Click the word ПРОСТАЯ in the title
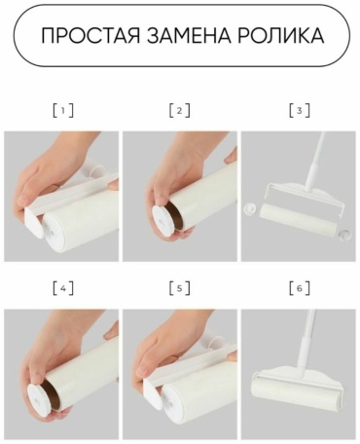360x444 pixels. pyautogui.click(x=90, y=35)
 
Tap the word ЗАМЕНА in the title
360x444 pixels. pyautogui.click(x=188, y=35)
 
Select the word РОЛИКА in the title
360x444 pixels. pyautogui.click(x=280, y=35)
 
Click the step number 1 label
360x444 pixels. pyautogui.click(x=63, y=111)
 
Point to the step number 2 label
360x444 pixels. pyautogui.click(x=180, y=111)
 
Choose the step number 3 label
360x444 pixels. pyautogui.click(x=300, y=111)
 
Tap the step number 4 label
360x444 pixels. pyautogui.click(x=63, y=288)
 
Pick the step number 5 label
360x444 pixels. pyautogui.click(x=180, y=288)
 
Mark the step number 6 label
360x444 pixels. pyautogui.click(x=300, y=288)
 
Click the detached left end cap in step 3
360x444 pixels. pyautogui.click(x=250, y=207)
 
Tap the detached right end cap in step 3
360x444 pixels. pyautogui.click(x=344, y=233)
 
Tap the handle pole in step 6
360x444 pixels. pyautogui.click(x=307, y=340)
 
